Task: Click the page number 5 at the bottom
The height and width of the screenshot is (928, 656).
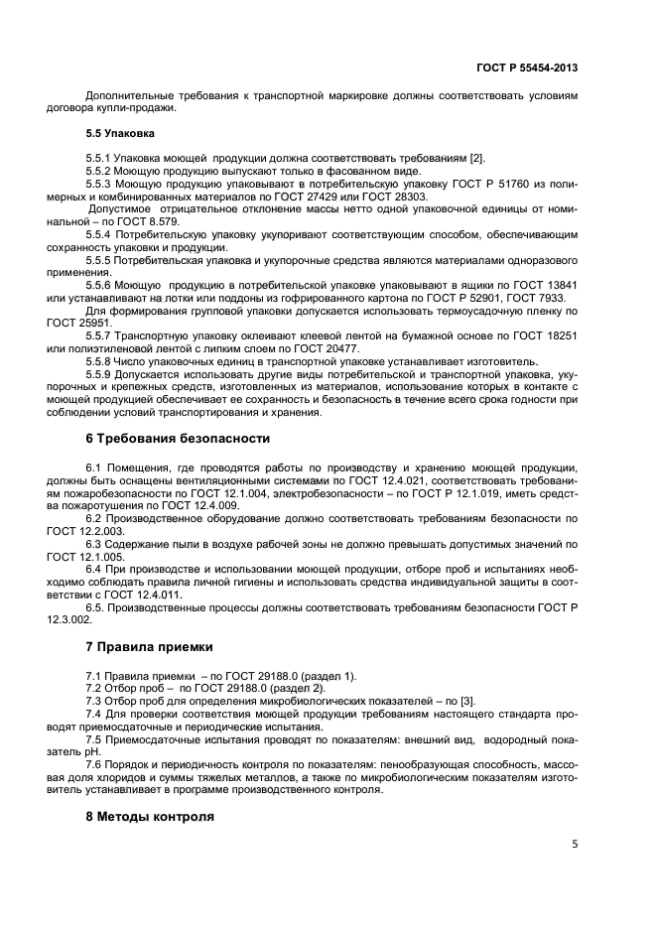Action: tap(575, 845)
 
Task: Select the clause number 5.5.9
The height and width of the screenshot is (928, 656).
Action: tap(100, 374)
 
